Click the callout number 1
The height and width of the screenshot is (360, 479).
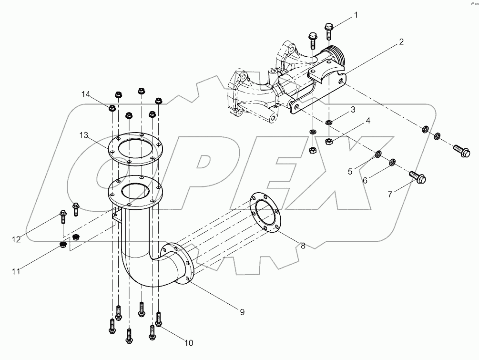pos(355,16)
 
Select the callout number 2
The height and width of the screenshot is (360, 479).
pos(401,42)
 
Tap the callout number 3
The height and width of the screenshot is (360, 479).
pos(353,110)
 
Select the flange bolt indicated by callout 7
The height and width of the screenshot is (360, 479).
pos(418,179)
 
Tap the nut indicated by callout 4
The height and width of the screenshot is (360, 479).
pos(328,141)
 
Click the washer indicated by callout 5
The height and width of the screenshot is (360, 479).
pos(377,154)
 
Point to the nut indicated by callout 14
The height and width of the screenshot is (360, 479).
pos(111,108)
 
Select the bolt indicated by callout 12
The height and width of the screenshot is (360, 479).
pos(62,217)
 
